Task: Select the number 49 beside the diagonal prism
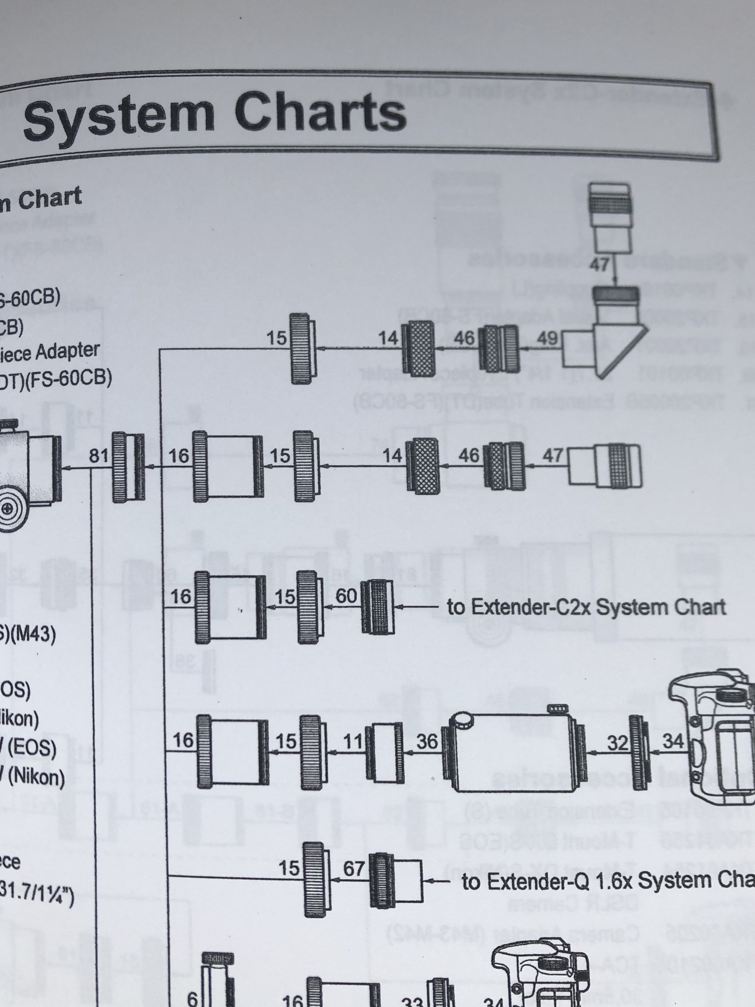point(547,338)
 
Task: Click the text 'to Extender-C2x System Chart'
point(586,607)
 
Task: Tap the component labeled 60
point(378,607)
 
